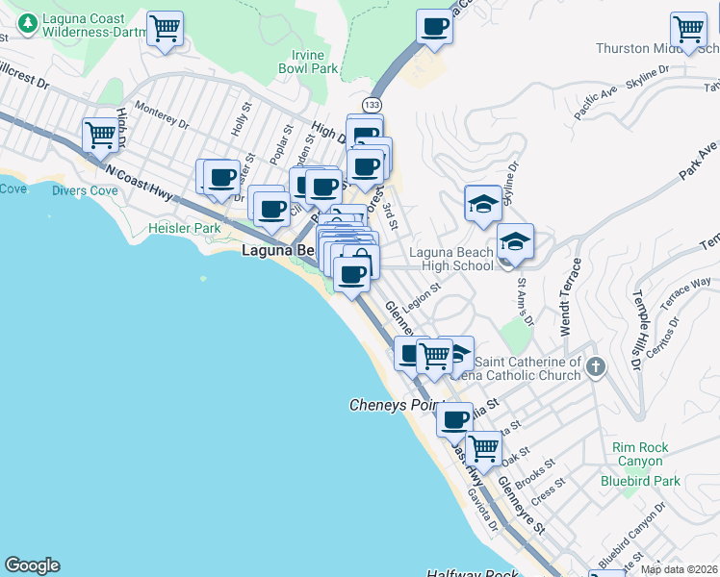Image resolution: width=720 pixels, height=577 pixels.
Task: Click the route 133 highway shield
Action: (x=370, y=104)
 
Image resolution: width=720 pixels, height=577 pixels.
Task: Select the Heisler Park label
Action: (x=185, y=229)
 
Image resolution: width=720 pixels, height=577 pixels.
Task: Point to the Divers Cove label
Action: (x=86, y=190)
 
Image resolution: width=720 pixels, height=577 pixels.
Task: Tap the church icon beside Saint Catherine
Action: (x=596, y=366)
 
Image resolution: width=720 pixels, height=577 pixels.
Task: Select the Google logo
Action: (x=32, y=565)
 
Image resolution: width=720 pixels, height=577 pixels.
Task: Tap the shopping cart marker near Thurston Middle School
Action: (x=688, y=30)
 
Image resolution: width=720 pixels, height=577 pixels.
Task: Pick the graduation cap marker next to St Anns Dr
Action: (x=516, y=242)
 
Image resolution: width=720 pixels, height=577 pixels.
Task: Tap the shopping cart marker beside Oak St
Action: (x=483, y=447)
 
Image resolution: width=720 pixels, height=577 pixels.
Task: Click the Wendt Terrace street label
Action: (x=574, y=296)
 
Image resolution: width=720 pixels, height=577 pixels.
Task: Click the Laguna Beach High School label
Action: (x=450, y=259)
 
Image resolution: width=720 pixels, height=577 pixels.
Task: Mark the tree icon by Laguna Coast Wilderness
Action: (x=29, y=21)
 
